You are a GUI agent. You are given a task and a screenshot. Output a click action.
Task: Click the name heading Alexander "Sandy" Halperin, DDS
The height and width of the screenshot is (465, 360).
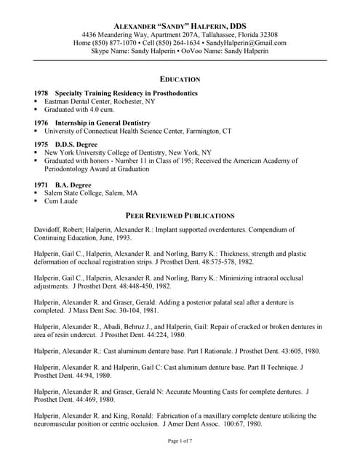[180, 23]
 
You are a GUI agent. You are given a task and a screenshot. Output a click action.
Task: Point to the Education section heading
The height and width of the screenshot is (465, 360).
[180, 78]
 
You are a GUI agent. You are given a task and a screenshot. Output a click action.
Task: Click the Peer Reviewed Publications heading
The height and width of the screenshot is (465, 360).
[180, 216]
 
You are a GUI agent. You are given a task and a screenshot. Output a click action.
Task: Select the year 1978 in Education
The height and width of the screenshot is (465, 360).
[41, 94]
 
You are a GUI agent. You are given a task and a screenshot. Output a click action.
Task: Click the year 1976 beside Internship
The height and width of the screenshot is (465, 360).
[41, 123]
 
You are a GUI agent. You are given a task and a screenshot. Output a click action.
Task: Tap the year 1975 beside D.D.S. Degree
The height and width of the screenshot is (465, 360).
[41, 144]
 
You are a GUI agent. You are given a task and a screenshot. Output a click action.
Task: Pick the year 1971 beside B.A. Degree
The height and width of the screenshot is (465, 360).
[41, 185]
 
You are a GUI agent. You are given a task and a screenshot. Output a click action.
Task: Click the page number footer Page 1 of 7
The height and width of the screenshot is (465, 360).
[180, 441]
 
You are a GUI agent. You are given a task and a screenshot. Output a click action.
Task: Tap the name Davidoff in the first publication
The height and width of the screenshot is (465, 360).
[49, 229]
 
